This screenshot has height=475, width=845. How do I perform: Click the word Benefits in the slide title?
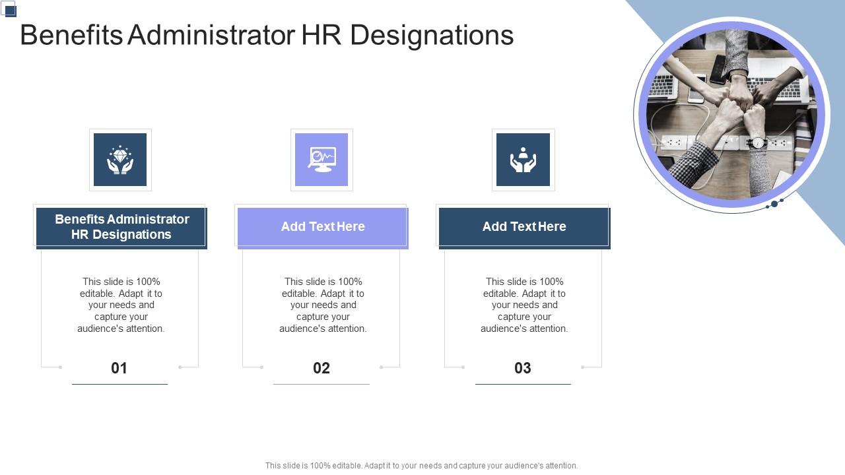click(71, 36)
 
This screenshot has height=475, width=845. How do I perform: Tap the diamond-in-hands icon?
click(120, 160)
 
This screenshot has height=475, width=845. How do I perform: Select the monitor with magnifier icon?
click(321, 160)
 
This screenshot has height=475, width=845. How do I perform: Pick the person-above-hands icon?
click(523, 160)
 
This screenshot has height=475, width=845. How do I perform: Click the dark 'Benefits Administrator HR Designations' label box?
click(121, 227)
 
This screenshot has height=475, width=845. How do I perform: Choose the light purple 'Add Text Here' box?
click(323, 227)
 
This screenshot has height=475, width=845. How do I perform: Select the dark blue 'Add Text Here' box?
click(524, 227)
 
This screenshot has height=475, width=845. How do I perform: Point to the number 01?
click(119, 368)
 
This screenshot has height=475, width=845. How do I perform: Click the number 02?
click(321, 368)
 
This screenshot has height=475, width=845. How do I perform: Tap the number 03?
click(523, 368)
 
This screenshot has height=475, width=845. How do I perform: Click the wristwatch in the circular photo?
click(758, 142)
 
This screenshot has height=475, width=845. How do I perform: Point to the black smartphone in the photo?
click(719, 69)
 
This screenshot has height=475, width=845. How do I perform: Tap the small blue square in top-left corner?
click(10, 10)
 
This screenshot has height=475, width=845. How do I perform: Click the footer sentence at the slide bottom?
click(421, 466)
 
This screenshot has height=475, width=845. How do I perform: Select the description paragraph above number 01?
click(121, 305)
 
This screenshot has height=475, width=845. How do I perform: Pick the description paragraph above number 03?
click(524, 305)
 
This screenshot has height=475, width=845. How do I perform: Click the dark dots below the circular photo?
click(774, 204)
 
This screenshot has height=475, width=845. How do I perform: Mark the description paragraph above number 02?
click(323, 305)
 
